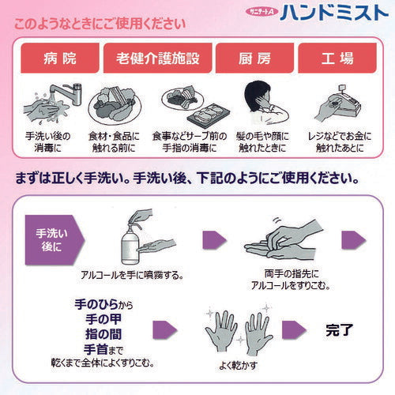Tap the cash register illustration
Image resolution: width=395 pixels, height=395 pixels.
coord(337,103)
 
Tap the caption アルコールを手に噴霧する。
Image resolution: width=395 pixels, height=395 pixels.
coord(132,275)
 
